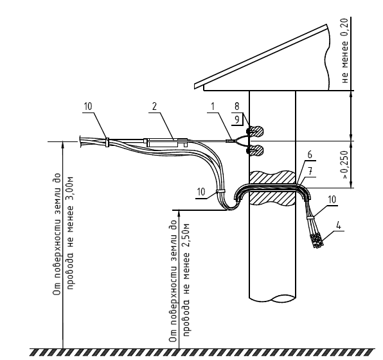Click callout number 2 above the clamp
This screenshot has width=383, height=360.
[x=154, y=107]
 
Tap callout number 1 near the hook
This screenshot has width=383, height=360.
[x=213, y=107]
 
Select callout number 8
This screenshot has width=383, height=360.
[x=236, y=107]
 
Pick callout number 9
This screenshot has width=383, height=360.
[x=236, y=120]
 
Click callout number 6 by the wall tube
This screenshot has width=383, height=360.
[x=310, y=155]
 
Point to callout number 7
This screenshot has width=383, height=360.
[x=310, y=171]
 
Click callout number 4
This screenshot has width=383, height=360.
[x=338, y=226]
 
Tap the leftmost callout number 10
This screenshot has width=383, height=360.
[x=88, y=107]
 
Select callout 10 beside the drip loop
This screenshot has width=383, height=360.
[x=201, y=192]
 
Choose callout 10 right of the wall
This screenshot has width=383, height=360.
[x=332, y=200]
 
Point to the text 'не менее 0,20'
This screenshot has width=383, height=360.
[x=344, y=51]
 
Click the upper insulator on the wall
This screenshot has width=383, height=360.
[x=255, y=131]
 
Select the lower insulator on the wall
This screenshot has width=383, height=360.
[x=255, y=150]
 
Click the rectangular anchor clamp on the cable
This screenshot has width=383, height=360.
[x=165, y=142]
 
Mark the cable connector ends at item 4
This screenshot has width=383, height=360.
[x=317, y=241]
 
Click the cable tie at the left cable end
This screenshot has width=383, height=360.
[x=107, y=142]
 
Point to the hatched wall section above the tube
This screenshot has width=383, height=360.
[x=272, y=177]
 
